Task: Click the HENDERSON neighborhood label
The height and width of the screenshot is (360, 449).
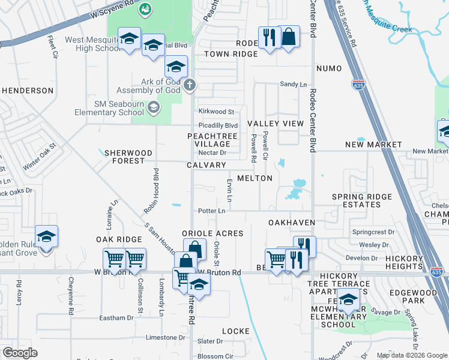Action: pos(28,90)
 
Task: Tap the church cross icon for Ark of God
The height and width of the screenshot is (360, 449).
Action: pos(190,84)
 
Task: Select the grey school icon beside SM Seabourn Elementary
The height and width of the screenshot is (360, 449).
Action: pos(154,107)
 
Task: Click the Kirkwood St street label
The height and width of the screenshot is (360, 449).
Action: pos(216,112)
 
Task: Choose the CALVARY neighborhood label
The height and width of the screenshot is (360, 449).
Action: pos(206,165)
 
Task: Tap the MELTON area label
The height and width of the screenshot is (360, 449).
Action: pos(255,178)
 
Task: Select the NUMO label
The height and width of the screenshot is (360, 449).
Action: pos(328,68)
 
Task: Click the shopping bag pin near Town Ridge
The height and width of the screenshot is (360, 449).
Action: pos(289,37)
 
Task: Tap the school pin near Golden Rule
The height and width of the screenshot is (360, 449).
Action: pos(46,237)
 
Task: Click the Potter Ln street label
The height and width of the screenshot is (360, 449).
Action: pos(212,211)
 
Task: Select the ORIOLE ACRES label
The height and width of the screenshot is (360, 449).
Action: pos(212,233)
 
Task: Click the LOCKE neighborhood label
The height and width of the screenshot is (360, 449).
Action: pos(235,331)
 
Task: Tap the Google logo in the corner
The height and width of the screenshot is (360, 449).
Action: pos(20,353)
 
